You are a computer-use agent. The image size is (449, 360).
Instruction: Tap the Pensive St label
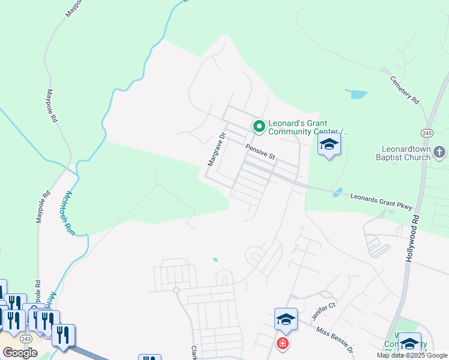(x=260, y=151)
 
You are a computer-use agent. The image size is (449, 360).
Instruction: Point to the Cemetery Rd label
(x=404, y=90)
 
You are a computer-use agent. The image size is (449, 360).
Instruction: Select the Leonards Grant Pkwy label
(x=381, y=202)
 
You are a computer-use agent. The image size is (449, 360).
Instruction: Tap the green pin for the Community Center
(x=259, y=126)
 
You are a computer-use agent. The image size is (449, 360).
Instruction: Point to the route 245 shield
(x=427, y=132)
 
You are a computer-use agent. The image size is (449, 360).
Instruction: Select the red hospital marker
(x=282, y=343)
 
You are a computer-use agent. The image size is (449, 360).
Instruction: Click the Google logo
(x=20, y=353)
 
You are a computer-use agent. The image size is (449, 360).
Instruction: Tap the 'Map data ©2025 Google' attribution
(x=412, y=355)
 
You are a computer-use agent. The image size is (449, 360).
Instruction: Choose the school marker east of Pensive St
(x=329, y=145)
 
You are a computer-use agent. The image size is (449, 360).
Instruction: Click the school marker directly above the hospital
(x=286, y=320)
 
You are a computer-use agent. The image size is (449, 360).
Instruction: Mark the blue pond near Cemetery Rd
(x=357, y=94)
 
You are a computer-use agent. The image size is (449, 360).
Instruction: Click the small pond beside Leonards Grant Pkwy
(x=337, y=193)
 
